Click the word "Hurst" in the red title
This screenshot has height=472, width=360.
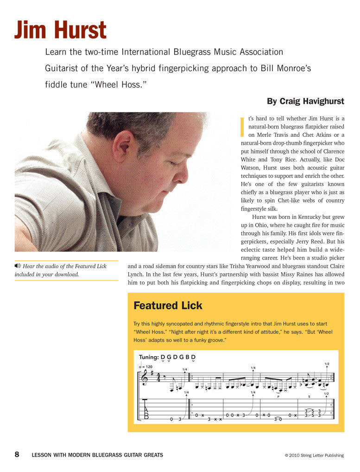(82, 30)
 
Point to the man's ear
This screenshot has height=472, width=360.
(123, 146)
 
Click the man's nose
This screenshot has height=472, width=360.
(181, 174)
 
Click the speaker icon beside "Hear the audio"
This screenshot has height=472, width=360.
(18, 266)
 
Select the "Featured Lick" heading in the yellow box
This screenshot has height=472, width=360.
(168, 306)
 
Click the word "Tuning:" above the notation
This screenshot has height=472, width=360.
(149, 357)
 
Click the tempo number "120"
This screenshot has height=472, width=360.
(148, 367)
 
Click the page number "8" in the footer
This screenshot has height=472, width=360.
(17, 455)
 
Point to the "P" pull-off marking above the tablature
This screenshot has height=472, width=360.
(278, 397)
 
